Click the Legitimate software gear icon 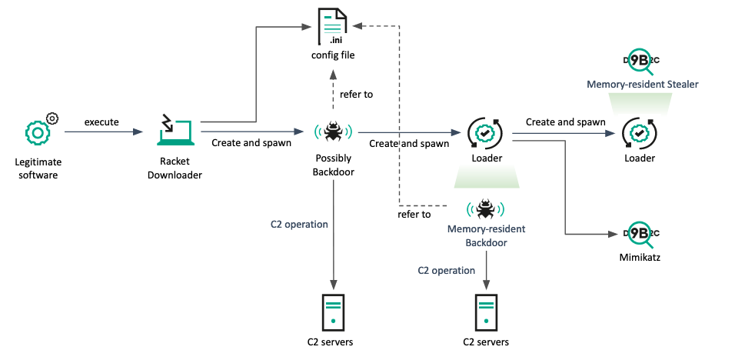point(38,132)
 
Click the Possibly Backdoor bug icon point(333,132)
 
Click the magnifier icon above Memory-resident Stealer point(641,62)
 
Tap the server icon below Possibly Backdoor point(333,311)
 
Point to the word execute point(101,122)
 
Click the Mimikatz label point(640,258)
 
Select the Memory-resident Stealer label point(642,84)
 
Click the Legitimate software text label point(38,168)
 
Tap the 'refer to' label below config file point(356,95)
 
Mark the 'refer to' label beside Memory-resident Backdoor point(414,214)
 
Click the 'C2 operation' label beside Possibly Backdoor point(299,225)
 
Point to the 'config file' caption point(333,55)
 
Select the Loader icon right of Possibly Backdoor point(486,133)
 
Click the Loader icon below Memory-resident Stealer point(639,133)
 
